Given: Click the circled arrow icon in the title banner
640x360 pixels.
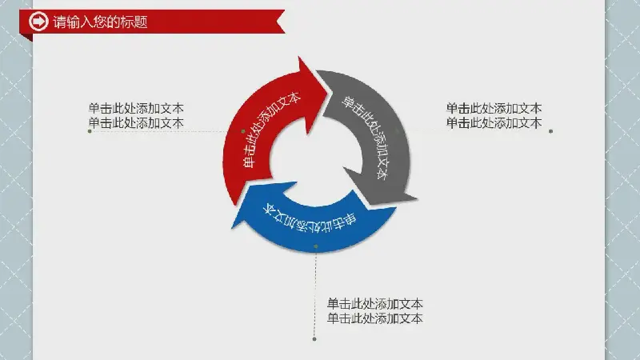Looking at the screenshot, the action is [38, 22].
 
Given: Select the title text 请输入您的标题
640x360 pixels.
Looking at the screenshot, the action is [101, 22].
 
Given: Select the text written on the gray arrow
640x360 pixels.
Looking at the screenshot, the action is [366, 137].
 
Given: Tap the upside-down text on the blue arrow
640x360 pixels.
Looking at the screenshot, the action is [309, 219].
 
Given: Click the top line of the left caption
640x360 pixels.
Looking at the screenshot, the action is [136, 108].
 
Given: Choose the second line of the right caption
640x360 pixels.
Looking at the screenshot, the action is [494, 123].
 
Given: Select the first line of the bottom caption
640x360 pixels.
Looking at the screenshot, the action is [374, 304].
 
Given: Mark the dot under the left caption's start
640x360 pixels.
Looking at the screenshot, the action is [90, 131].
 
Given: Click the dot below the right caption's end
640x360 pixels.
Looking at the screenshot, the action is [551, 131].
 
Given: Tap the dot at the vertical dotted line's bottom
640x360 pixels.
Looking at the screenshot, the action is [314, 339].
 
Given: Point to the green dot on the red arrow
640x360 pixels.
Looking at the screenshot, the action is [243, 131].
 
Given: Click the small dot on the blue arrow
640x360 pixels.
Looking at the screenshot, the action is [316, 246].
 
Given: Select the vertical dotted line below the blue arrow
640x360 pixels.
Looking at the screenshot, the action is [315, 293].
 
